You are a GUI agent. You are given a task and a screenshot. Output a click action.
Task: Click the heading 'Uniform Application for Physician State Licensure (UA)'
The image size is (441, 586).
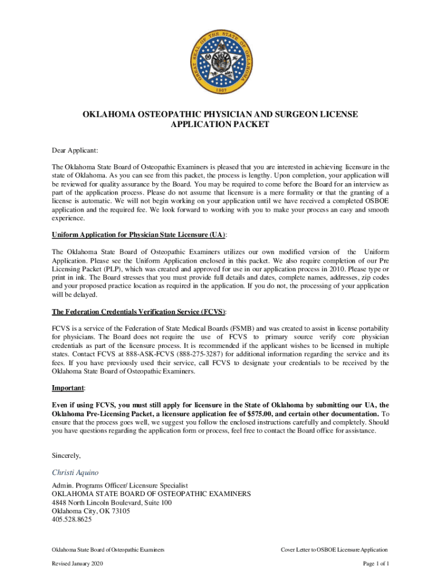pyautogui.click(x=139, y=235)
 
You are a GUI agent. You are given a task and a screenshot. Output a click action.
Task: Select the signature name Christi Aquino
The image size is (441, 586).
pyautogui.click(x=76, y=473)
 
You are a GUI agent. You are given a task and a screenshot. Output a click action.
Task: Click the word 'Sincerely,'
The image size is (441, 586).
pyautogui.click(x=66, y=456)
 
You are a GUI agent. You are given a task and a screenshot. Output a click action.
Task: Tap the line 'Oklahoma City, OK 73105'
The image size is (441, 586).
pyautogui.click(x=90, y=512)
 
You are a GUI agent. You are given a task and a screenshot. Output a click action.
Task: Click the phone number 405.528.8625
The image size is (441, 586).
pyautogui.click(x=72, y=520)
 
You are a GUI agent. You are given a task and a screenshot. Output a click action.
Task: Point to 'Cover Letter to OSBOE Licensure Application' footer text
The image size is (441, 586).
pyautogui.click(x=334, y=549)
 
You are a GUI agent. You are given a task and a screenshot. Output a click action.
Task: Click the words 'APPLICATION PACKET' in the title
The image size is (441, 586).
pyautogui.click(x=220, y=124)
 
